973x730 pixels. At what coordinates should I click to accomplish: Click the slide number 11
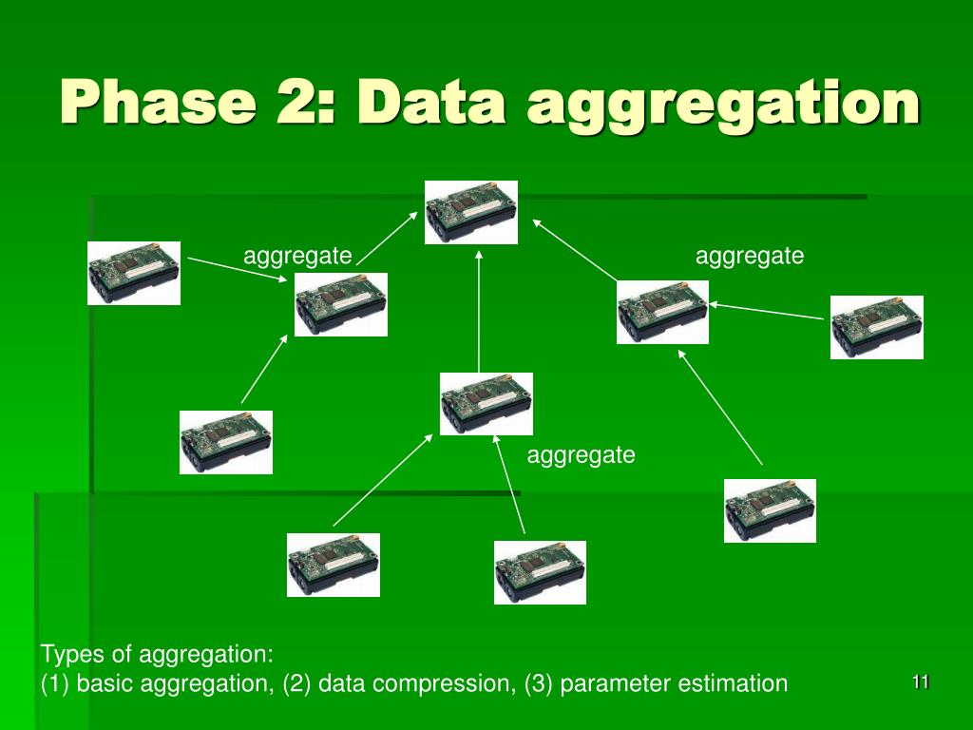920,682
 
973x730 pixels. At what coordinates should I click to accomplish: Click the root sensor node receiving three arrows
472,212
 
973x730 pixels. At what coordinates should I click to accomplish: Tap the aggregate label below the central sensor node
581,455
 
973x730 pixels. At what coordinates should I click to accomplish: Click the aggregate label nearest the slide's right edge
750,256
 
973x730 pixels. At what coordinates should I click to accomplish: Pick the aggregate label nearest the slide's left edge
297,256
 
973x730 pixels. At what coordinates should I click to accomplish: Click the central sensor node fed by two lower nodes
486,404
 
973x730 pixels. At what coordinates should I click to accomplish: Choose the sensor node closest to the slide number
770,510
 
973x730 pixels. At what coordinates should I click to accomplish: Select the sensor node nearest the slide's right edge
876,327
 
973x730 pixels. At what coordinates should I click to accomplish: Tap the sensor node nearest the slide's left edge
134,273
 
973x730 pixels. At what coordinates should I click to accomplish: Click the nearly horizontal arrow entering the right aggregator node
766,311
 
